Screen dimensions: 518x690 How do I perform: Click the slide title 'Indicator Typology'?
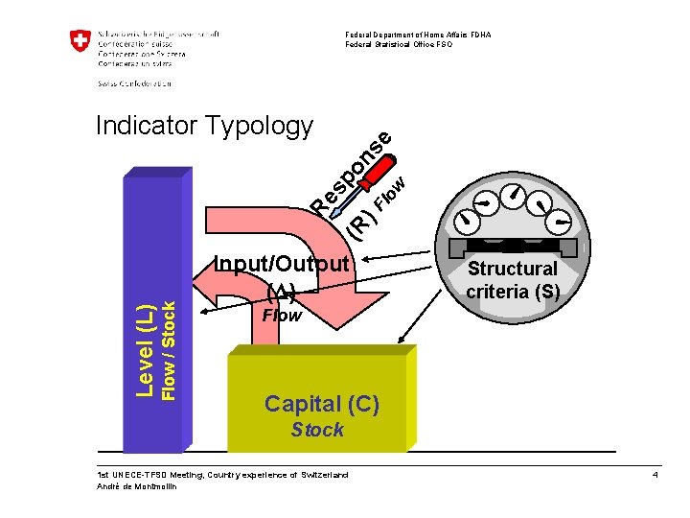tap(203, 126)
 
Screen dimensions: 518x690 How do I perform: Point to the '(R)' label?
tap(360, 225)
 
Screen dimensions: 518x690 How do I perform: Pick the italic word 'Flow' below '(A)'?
tap(282, 315)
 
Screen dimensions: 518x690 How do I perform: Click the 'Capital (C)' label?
tap(322, 404)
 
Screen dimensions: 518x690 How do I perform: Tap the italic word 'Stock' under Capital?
tap(317, 430)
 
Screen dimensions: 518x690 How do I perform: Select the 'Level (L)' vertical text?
tap(145, 349)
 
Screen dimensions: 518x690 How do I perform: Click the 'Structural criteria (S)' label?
tap(512, 279)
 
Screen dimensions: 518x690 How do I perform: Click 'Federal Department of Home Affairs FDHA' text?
tap(418, 35)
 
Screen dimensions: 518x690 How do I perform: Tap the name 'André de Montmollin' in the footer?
tap(138, 486)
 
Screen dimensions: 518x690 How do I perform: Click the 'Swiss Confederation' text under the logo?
tap(135, 83)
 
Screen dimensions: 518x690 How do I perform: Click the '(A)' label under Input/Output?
tap(282, 291)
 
